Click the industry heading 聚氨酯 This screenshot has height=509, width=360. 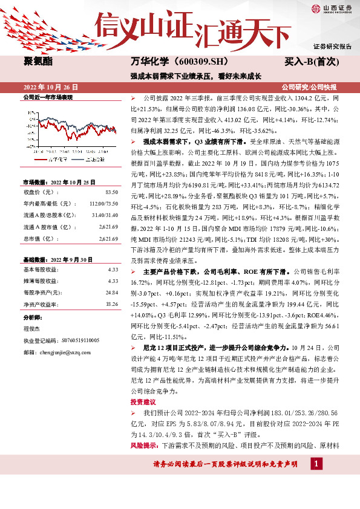tap(37, 62)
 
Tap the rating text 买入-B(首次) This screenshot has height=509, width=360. tap(312, 62)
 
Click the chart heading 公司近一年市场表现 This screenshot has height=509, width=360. tap(47, 97)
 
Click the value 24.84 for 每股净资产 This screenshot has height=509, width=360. tap(111, 291)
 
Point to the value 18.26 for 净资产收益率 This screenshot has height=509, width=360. tap(111, 304)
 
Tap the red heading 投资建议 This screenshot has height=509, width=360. tap(143, 401)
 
